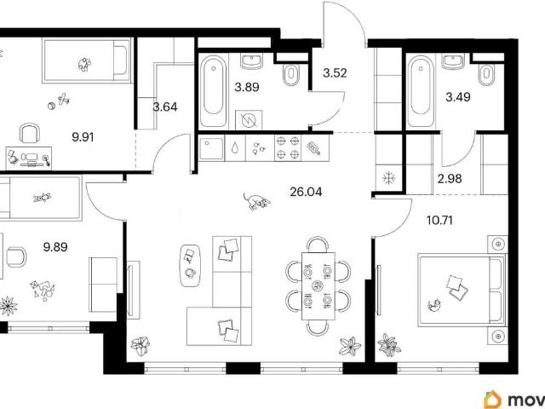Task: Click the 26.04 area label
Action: click(x=306, y=192)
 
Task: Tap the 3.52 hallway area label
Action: click(x=335, y=73)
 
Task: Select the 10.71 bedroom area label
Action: click(x=439, y=221)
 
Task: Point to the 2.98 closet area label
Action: click(x=450, y=179)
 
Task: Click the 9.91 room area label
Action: click(x=83, y=137)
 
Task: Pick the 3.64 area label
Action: click(x=165, y=107)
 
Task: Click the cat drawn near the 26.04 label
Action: click(x=256, y=201)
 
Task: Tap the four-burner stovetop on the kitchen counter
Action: click(x=288, y=148)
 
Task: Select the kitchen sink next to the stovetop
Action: click(x=212, y=148)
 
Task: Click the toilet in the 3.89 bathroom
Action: click(x=291, y=75)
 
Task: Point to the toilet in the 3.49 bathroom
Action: click(x=486, y=74)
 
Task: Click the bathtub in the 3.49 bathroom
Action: click(x=421, y=91)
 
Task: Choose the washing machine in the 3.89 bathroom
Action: click(x=249, y=120)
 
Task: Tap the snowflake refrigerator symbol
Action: click(x=387, y=178)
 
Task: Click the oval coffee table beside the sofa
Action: click(x=191, y=265)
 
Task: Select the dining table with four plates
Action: click(x=318, y=286)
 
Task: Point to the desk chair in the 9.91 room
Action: click(x=30, y=133)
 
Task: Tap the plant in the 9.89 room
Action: click(x=8, y=306)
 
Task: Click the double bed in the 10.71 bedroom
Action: click(x=462, y=291)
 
